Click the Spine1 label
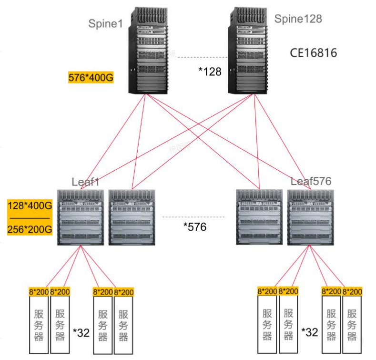105,23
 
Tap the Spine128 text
298,19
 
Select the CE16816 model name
314,52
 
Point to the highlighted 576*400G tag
91,77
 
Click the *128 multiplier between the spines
210,72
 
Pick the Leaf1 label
86,181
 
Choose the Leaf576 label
311,181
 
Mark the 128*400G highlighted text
30,206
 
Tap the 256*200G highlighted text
30,229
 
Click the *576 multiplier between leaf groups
195,227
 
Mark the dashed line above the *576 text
193,217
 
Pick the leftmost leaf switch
81,217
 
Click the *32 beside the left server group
81,332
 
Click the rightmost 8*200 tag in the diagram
352,291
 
